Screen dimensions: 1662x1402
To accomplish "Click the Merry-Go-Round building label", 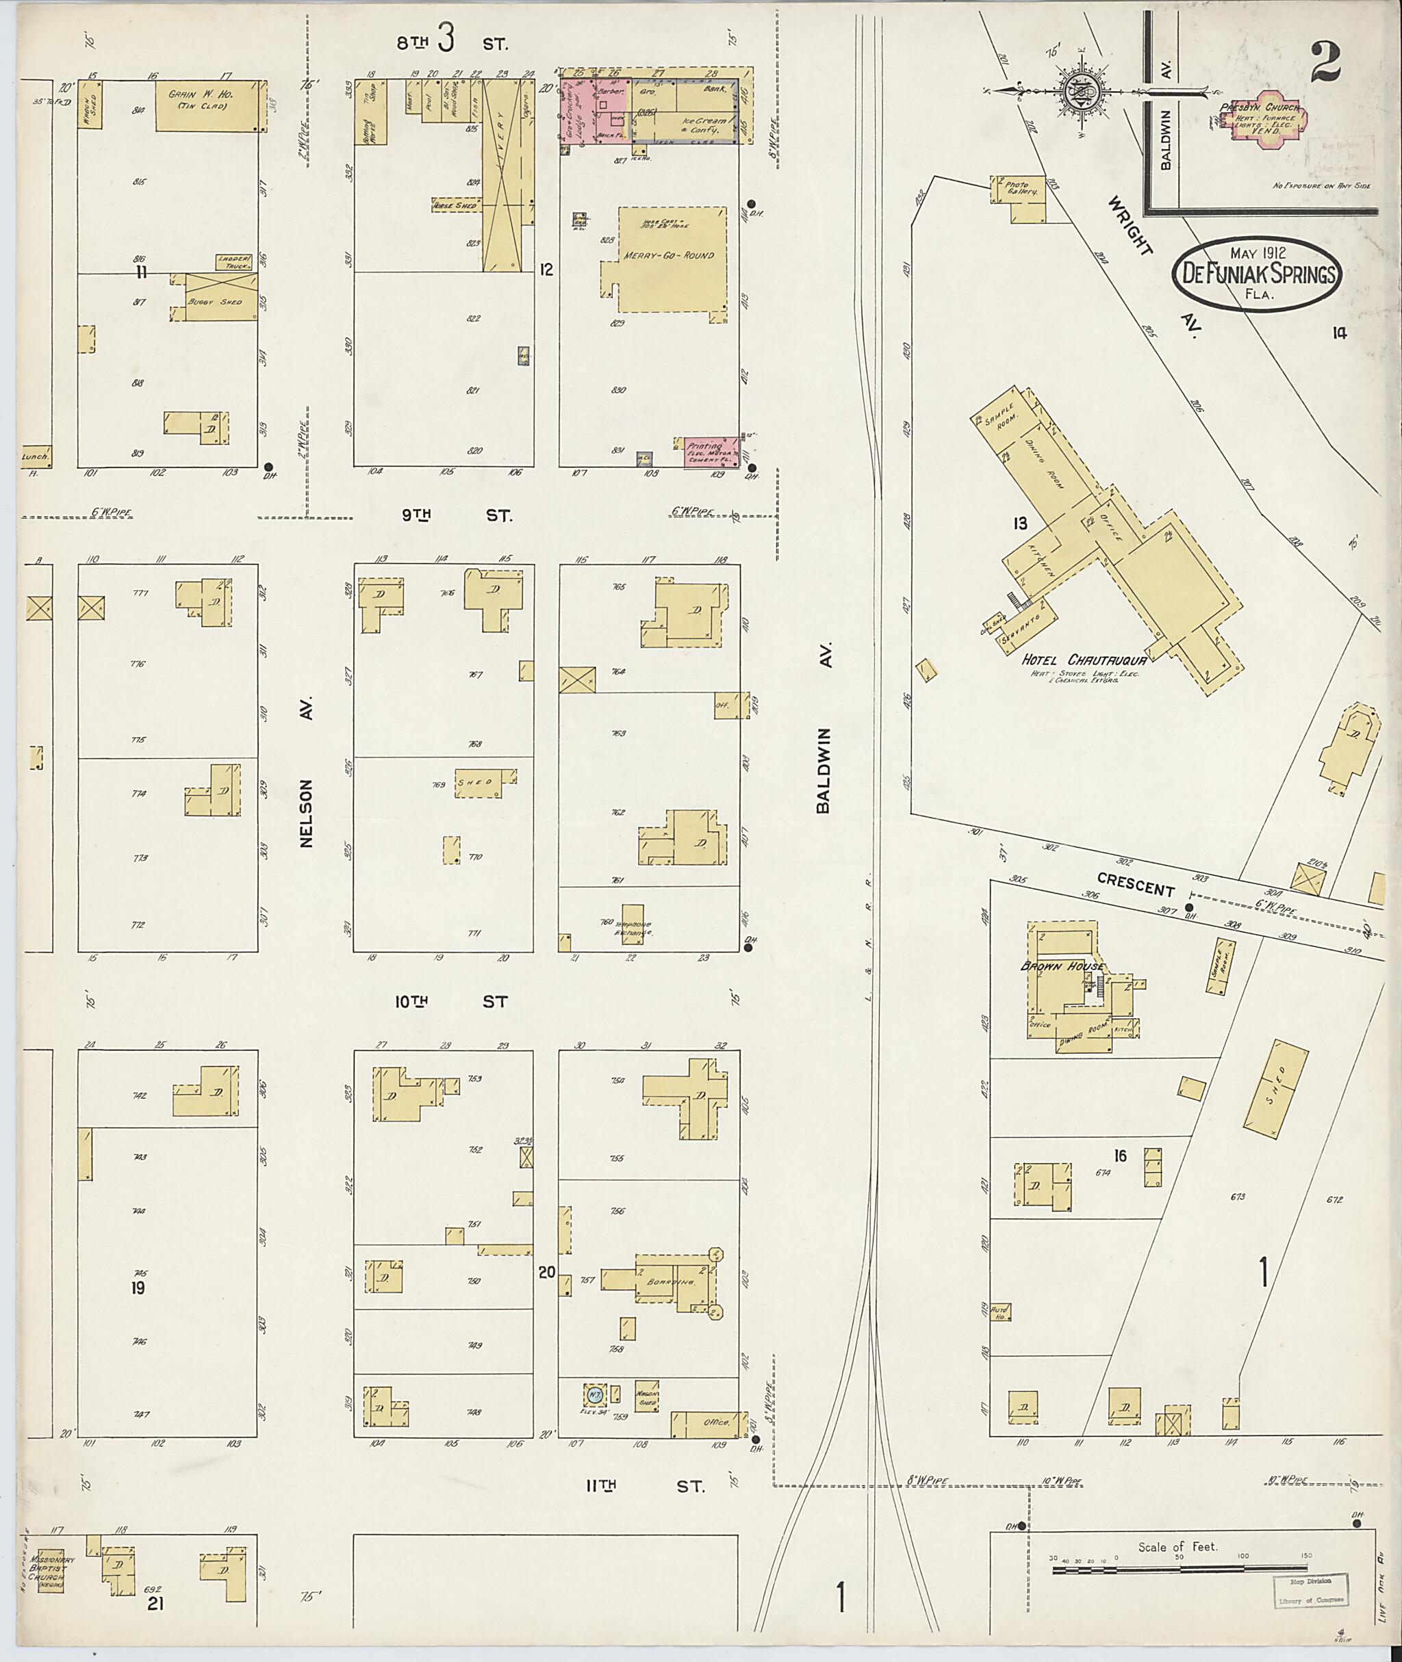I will click(x=670, y=256).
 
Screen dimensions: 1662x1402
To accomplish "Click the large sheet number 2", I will click(x=1326, y=62).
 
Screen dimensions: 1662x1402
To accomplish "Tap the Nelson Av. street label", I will click(x=307, y=771).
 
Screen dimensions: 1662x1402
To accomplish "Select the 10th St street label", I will click(x=450, y=1002).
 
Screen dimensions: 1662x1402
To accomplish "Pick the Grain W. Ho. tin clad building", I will click(x=207, y=105).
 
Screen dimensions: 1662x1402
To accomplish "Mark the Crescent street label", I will click(x=1135, y=884).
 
